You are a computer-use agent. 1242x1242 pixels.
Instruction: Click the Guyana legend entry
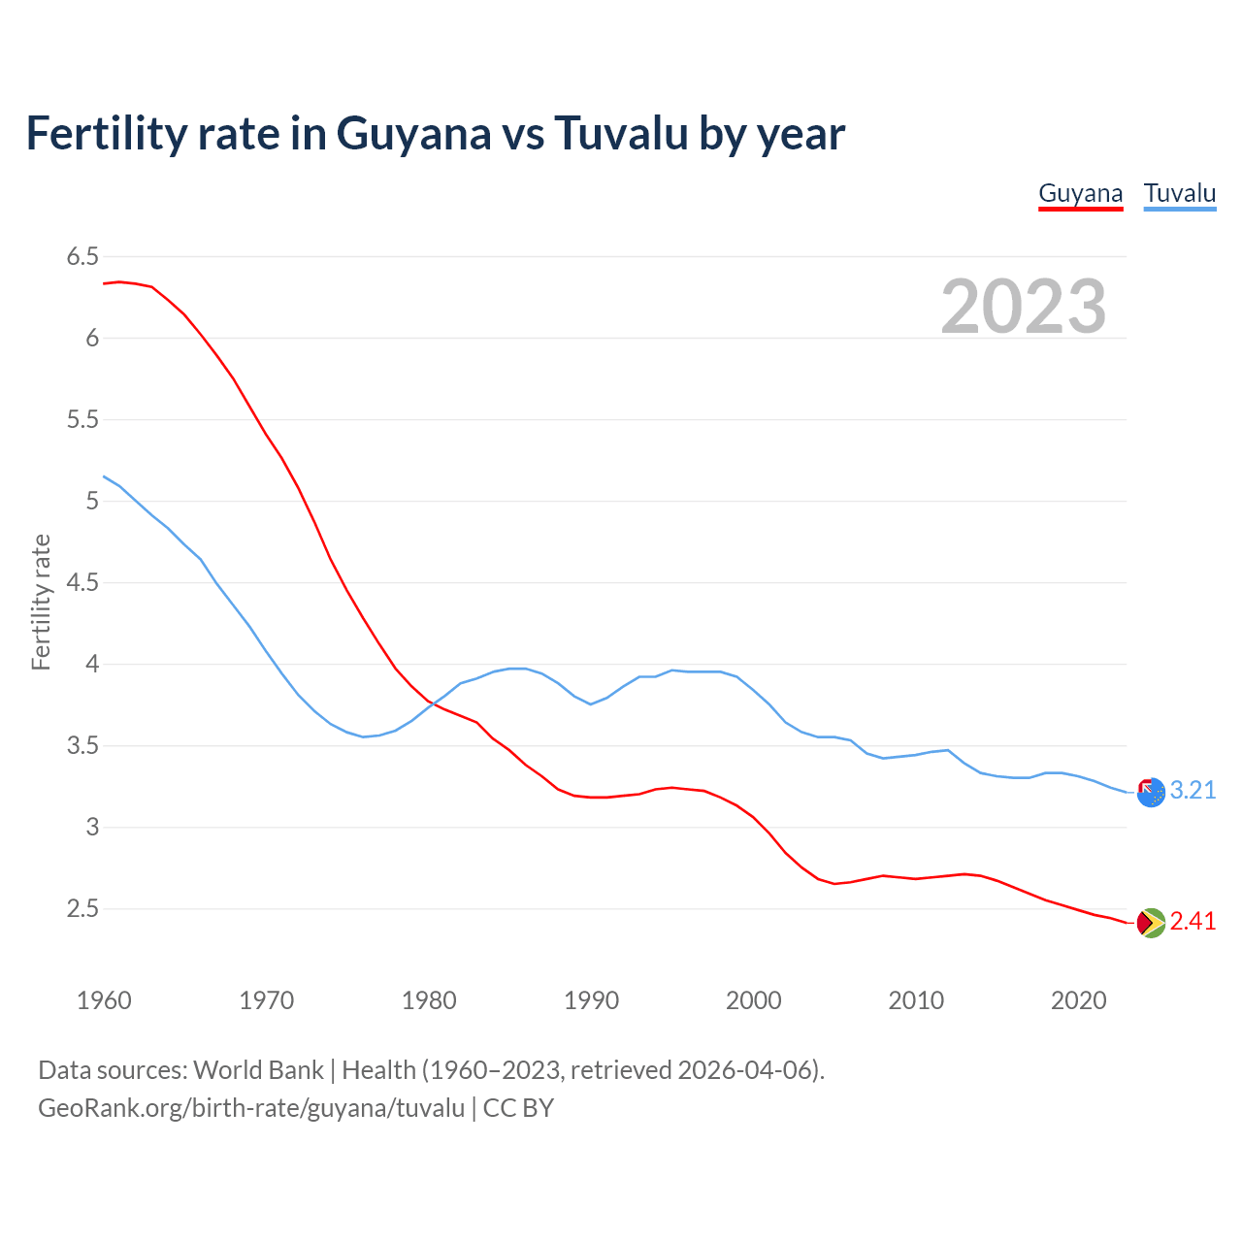pos(1080,193)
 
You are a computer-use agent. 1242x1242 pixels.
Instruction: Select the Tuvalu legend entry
pos(1179,193)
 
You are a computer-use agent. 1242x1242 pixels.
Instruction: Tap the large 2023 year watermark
pos(1023,307)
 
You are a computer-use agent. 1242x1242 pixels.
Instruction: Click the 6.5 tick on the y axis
pos(82,257)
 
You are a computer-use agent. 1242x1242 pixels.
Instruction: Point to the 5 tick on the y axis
pos(92,502)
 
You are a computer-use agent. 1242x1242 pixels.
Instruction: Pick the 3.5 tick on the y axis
pos(82,746)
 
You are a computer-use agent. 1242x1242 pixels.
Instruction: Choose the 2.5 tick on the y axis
pos(82,909)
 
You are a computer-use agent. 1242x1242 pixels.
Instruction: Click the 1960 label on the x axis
pos(104,1000)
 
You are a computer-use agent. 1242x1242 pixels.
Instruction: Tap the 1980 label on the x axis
pos(429,1000)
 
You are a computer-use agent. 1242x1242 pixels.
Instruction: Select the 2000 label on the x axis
pos(753,1000)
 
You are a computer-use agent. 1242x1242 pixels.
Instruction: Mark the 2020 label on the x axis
pos(1078,1000)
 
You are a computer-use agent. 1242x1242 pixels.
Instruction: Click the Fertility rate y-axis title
pos(41,602)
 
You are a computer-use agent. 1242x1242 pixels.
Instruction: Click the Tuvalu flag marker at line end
pos(1150,793)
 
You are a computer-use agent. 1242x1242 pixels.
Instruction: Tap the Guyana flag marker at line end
pos(1150,923)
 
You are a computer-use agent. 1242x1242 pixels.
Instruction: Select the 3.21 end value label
pos(1193,791)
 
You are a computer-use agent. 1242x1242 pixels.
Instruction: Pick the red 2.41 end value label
pos(1193,922)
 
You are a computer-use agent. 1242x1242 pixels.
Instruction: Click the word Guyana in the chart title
pos(413,134)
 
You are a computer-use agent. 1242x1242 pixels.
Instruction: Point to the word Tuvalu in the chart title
pos(620,134)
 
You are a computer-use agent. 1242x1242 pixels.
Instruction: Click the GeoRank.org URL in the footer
pos(251,1108)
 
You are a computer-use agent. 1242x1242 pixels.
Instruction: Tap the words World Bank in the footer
pos(258,1070)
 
